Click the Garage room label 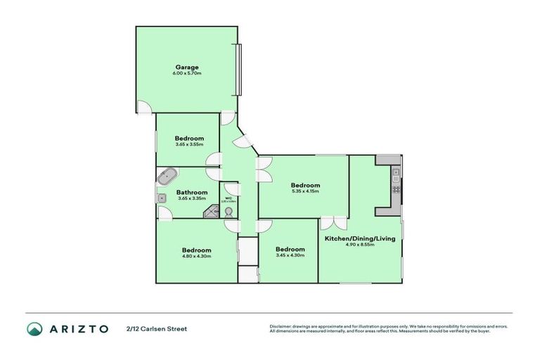[x=187, y=67]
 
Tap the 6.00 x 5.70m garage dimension [x=187, y=73]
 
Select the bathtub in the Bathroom [x=167, y=176]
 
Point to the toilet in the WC [x=229, y=210]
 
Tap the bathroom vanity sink [x=161, y=199]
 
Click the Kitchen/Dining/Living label [x=359, y=238]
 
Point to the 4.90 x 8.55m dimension [x=359, y=245]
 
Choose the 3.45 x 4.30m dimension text [x=290, y=255]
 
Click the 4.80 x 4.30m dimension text [x=196, y=256]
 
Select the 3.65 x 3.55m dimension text [x=189, y=145]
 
